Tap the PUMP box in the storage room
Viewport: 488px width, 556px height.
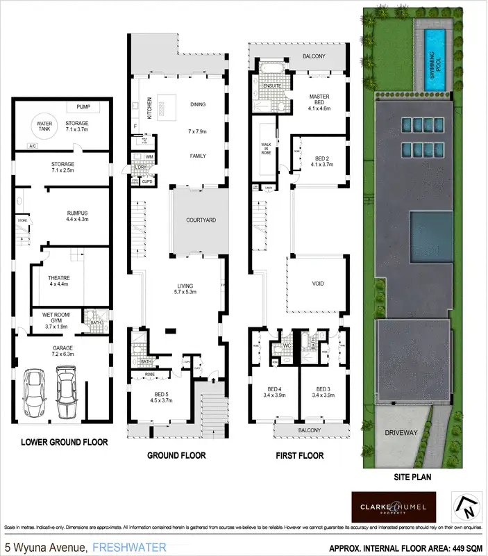[x=84, y=107]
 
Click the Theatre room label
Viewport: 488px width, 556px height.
[x=59, y=281]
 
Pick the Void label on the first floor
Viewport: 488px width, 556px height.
[x=317, y=284]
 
